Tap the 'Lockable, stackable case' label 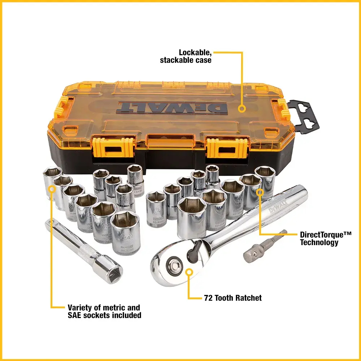(186, 56)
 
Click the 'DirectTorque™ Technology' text (325, 238)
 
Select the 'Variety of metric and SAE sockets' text (104, 311)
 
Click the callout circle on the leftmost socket (52, 188)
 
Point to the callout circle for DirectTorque (260, 192)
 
